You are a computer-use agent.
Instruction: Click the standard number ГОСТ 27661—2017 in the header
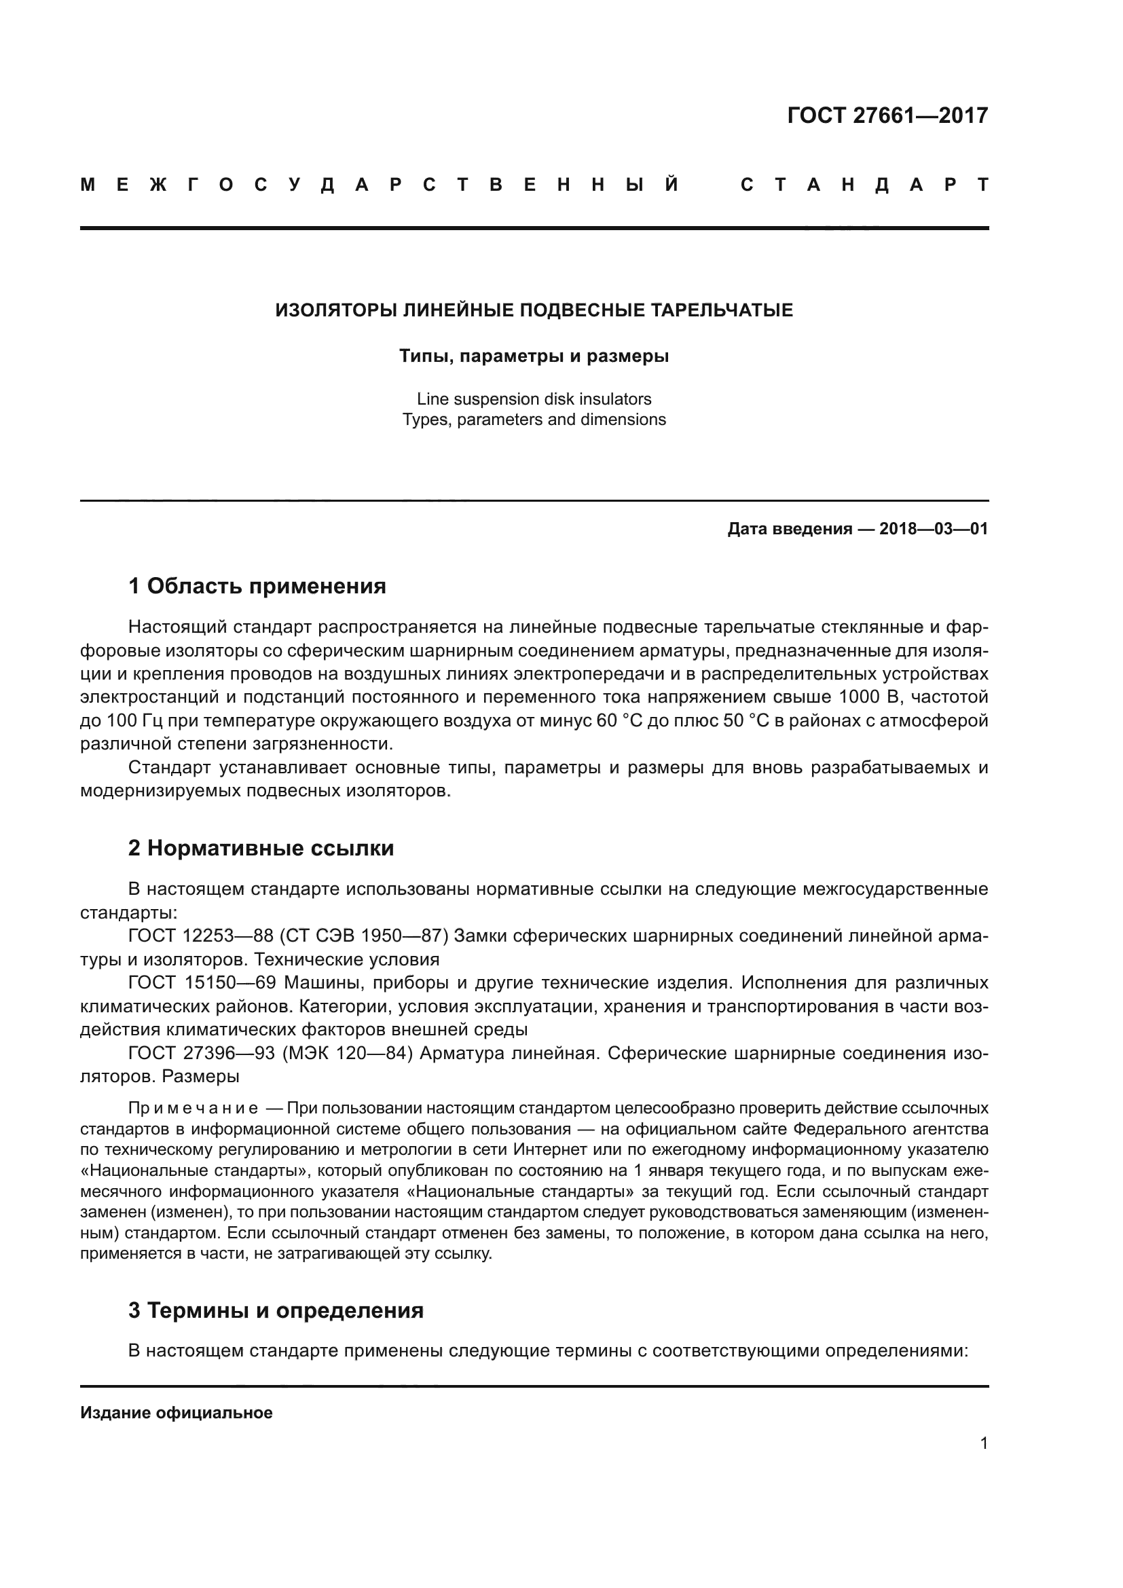(887, 115)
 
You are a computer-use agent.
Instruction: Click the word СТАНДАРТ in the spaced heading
(864, 185)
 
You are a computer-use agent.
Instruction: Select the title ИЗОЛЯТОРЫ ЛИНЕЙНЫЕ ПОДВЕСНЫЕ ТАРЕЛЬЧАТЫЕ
(534, 310)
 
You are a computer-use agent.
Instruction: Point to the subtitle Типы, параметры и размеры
(534, 357)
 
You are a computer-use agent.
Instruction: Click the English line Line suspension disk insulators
(534, 399)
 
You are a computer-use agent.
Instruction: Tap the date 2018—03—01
(933, 530)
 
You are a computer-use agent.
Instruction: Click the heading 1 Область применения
(257, 587)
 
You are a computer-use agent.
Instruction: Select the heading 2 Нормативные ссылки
(261, 849)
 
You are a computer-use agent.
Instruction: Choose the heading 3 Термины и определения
(276, 1310)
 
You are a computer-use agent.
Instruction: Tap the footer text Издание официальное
(177, 1413)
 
